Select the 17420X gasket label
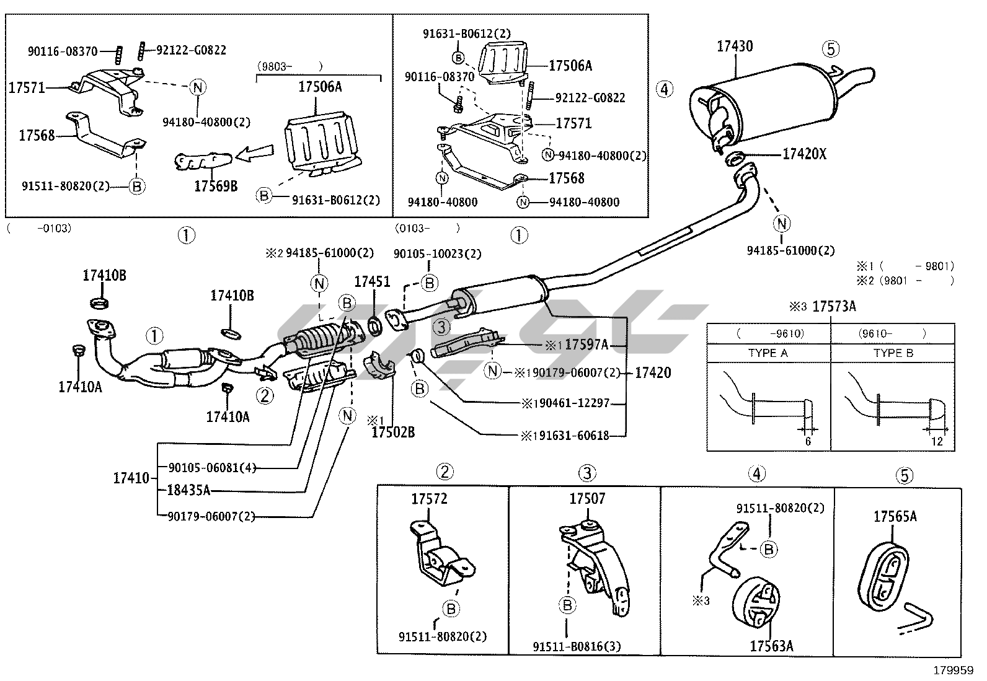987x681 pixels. coord(804,154)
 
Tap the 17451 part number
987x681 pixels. coord(372,282)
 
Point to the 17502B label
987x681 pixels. coord(393,432)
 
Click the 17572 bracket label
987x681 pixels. coord(429,499)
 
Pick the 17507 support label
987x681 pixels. coord(587,499)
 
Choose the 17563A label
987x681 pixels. coord(771,646)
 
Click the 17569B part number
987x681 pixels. coord(216,185)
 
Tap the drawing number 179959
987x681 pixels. coord(955,670)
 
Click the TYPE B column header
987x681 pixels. coord(893,353)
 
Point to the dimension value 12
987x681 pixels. coord(937,442)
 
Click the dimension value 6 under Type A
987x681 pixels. coord(808,442)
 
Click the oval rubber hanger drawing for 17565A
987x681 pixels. coord(884,574)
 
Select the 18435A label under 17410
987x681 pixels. coord(188,491)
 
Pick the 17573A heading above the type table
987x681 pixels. coord(834,306)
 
